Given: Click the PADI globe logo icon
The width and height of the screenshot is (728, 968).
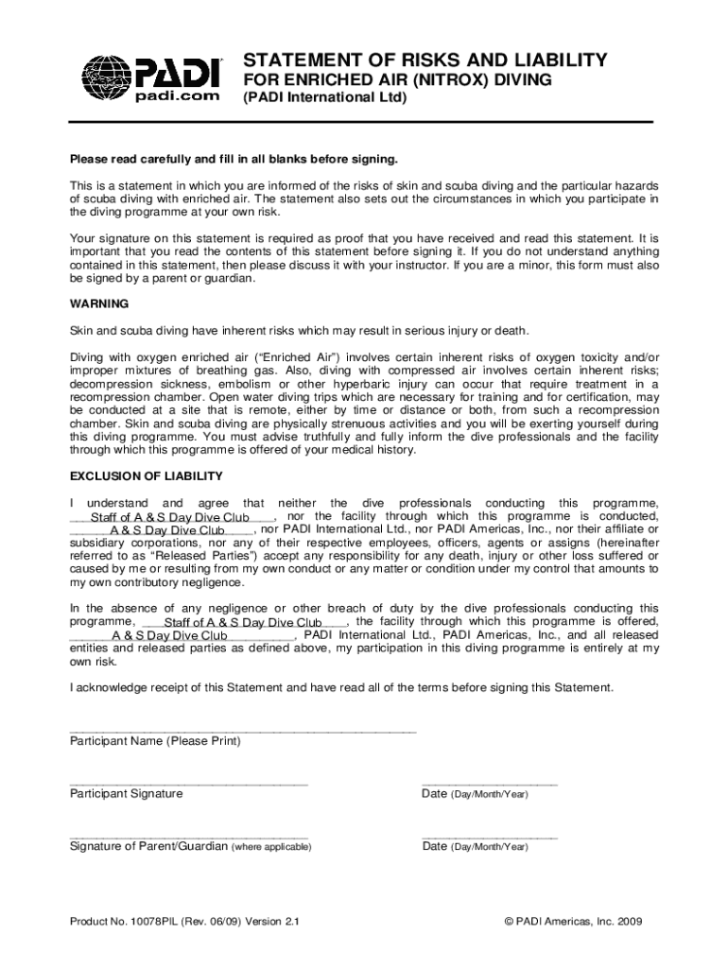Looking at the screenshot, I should tap(106, 78).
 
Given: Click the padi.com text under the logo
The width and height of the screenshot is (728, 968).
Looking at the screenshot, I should tap(178, 95).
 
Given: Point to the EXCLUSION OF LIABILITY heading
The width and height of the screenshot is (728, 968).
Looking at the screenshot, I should tap(147, 475).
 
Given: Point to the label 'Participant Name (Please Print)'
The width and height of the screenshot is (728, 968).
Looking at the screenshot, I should tap(155, 742).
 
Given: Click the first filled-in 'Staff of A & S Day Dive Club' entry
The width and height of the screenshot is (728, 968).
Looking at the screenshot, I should tap(170, 518).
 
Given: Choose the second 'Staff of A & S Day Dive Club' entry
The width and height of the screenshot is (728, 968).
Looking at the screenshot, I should tap(243, 623).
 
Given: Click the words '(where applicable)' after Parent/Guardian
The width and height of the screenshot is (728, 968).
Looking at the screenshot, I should tap(271, 847).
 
